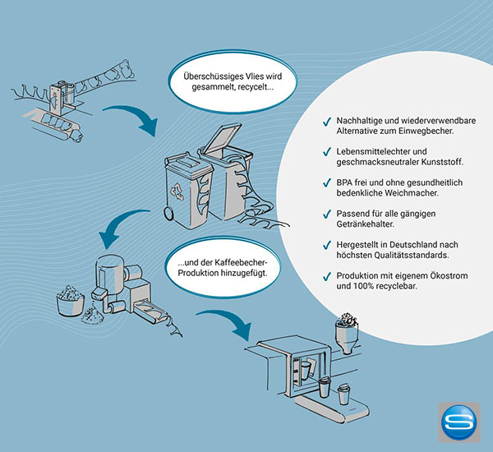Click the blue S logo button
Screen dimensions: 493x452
459,422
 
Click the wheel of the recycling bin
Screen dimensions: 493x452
168,213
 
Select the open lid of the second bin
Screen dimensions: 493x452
223,139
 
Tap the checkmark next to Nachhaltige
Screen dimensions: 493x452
327,122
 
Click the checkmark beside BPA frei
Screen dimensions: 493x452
327,183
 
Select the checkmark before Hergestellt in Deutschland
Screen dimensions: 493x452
327,245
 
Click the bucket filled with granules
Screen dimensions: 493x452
70,301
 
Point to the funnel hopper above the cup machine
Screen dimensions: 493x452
347,333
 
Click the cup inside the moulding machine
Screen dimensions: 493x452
306,371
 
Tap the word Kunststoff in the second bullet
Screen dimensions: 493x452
442,162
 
